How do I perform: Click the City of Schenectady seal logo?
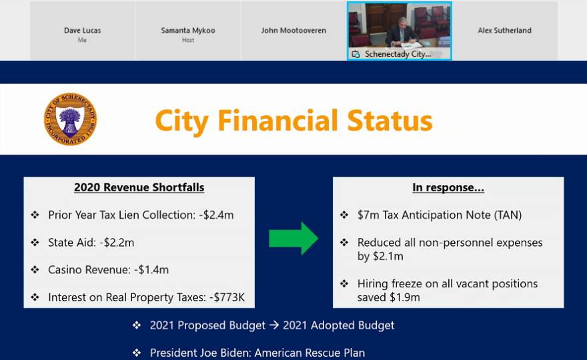pyautogui.click(x=71, y=119)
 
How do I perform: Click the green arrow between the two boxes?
pyautogui.click(x=293, y=239)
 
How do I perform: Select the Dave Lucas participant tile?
pyautogui.click(x=82, y=31)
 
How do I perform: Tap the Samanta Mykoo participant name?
pyautogui.click(x=188, y=30)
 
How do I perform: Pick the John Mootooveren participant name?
pyautogui.click(x=293, y=30)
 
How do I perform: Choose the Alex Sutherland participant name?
pyautogui.click(x=504, y=30)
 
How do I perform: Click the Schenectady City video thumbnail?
pyautogui.click(x=400, y=31)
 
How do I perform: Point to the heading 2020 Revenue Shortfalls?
pyautogui.click(x=139, y=187)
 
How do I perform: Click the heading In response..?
pyautogui.click(x=448, y=187)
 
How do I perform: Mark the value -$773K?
pyautogui.click(x=227, y=297)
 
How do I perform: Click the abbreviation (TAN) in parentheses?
pyautogui.click(x=508, y=215)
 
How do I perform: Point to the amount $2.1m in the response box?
pyautogui.click(x=388, y=257)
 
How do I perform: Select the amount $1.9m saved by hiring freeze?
pyautogui.click(x=405, y=297)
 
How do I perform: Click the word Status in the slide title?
pyautogui.click(x=390, y=121)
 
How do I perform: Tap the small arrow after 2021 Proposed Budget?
pyautogui.click(x=274, y=325)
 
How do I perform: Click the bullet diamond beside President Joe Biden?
pyautogui.click(x=137, y=353)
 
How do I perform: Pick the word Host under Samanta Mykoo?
pyautogui.click(x=188, y=40)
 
